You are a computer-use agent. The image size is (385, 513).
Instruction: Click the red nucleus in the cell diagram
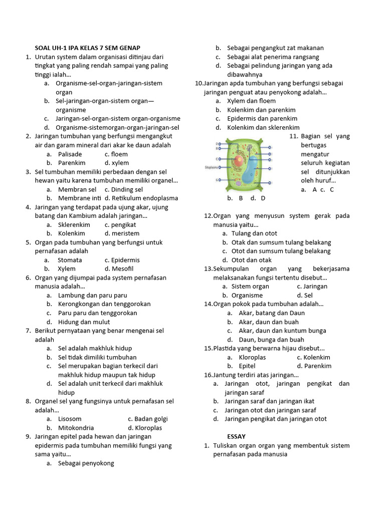click(237, 161)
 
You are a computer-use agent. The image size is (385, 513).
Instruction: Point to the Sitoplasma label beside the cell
click(211, 167)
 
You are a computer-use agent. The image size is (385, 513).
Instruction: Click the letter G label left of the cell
click(217, 180)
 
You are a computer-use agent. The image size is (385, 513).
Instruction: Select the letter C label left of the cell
click(217, 158)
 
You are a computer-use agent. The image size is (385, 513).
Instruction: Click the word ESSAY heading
click(236, 436)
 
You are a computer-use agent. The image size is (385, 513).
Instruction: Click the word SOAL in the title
click(42, 48)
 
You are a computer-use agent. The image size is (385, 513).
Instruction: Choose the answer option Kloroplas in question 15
click(252, 357)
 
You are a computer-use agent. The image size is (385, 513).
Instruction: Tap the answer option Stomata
click(70, 260)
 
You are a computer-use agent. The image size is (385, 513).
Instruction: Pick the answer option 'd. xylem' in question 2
click(116, 163)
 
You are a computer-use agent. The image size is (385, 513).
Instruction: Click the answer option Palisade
click(70, 154)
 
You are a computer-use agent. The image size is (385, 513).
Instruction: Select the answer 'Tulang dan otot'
click(254, 233)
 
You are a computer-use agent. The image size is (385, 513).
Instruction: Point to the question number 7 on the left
click(29, 331)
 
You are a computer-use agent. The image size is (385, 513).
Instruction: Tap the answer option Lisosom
click(70, 419)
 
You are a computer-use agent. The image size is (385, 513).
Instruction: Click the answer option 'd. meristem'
click(122, 233)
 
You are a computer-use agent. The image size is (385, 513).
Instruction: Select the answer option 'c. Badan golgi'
click(147, 419)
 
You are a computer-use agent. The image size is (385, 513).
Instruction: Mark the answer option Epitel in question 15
click(247, 366)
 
